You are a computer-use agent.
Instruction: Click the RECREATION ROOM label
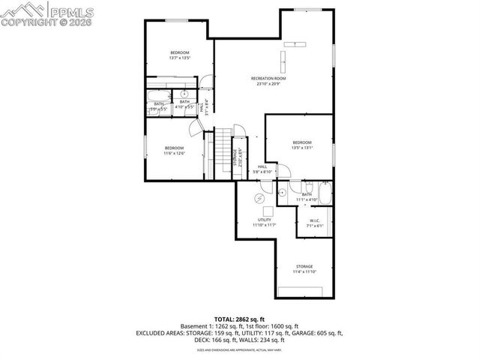268,78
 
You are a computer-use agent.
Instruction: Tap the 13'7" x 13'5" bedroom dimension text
179,58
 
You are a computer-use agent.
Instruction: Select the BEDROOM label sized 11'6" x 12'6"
174,148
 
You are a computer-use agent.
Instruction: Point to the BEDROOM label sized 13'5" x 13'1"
302,142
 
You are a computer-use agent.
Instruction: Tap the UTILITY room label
264,220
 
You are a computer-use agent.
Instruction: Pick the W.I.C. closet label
315,220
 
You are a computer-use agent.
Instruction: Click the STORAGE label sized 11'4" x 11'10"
304,266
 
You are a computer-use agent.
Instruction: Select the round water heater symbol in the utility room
259,198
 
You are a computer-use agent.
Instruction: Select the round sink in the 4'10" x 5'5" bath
184,95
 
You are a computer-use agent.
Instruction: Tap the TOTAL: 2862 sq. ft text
239,319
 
